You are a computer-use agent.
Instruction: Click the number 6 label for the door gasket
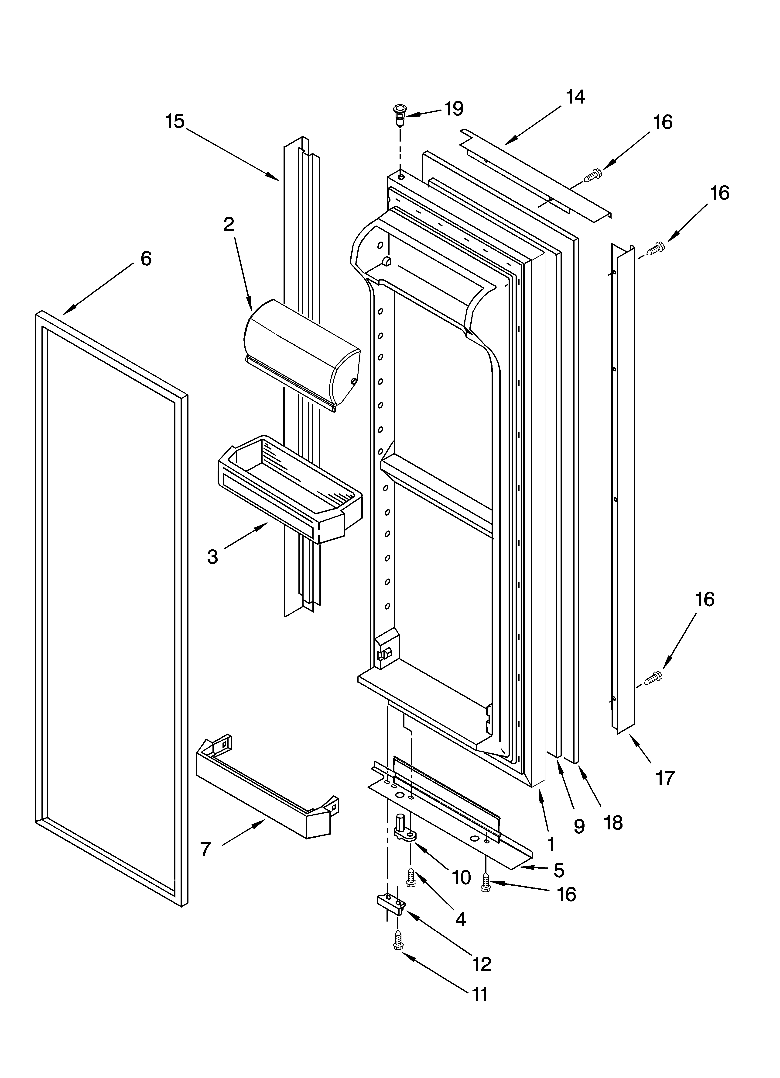pos(146,259)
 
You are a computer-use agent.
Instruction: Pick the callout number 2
pos(229,224)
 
